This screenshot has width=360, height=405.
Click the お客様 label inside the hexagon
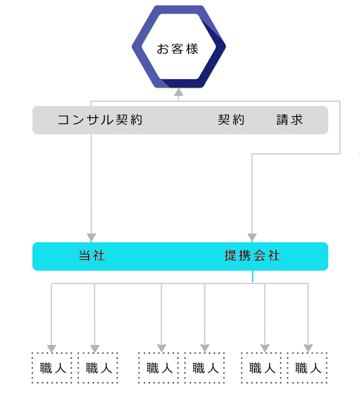point(178,49)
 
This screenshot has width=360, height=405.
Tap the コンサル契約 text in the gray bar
point(100,120)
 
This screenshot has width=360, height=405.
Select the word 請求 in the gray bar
point(290,120)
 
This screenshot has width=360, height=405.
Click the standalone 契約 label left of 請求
point(231,120)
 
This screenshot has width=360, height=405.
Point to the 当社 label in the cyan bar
point(92,256)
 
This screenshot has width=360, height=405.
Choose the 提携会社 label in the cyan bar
point(252,256)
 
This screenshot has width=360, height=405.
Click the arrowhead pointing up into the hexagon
point(178,92)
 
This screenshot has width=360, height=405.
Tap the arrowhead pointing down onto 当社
point(91,238)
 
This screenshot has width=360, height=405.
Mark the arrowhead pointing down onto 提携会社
point(252,238)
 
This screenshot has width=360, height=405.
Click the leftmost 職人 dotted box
point(52,368)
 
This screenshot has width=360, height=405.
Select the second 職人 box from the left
point(98,368)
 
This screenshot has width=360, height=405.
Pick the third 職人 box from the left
point(159,368)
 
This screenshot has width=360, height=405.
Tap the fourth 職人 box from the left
point(205,368)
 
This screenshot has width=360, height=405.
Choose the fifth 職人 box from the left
point(261,368)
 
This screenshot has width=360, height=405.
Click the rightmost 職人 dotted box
point(307,368)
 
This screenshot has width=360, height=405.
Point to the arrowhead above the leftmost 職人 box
point(51,349)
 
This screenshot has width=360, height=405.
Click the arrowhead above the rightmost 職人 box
point(308,348)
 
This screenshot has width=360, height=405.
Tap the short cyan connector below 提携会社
point(253,276)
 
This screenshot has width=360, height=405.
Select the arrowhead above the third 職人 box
point(161,348)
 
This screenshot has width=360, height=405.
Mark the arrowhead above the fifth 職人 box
point(265,348)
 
